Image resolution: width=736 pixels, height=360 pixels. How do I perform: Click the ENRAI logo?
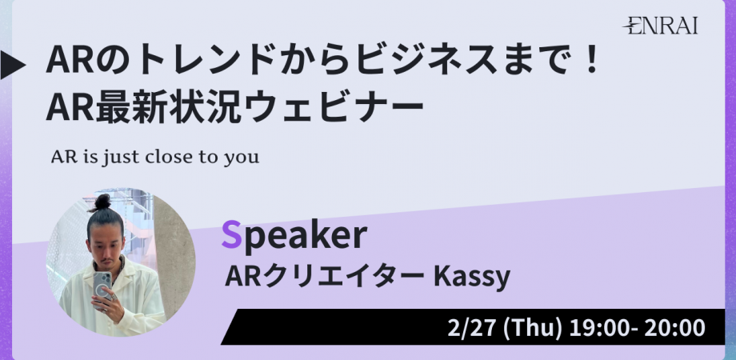[x=660, y=25]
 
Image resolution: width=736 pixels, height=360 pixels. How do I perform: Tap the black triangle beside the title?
[x=12, y=65]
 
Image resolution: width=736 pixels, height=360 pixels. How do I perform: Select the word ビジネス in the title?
[x=426, y=62]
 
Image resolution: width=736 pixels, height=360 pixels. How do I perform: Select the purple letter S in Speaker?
[x=231, y=236]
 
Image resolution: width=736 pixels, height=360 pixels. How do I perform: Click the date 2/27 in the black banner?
[x=472, y=328]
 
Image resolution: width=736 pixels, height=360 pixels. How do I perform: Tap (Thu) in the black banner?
[x=532, y=328]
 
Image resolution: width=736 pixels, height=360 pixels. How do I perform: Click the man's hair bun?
[x=102, y=202]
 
